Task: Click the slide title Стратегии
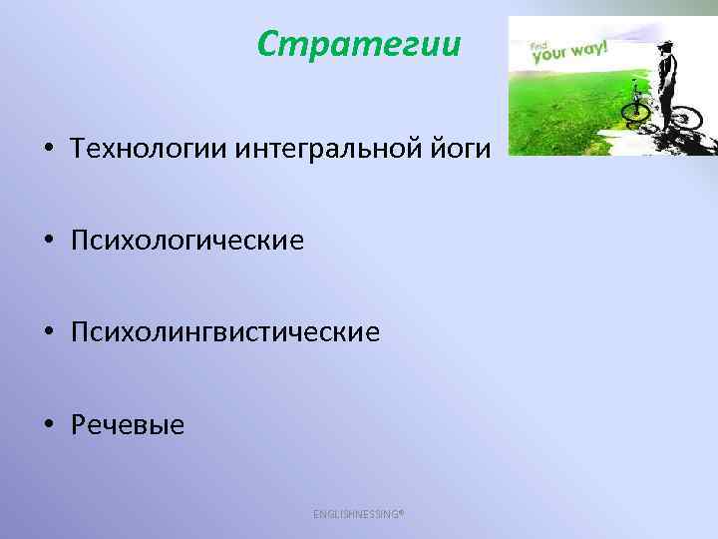(x=358, y=44)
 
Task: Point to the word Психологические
(x=187, y=241)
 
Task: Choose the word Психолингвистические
(x=225, y=332)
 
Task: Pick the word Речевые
(x=128, y=425)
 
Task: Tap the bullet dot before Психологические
(x=47, y=242)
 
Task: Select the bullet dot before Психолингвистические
(x=47, y=333)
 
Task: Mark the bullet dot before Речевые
(x=47, y=426)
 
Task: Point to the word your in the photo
(x=549, y=55)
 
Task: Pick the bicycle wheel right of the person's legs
(x=685, y=119)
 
